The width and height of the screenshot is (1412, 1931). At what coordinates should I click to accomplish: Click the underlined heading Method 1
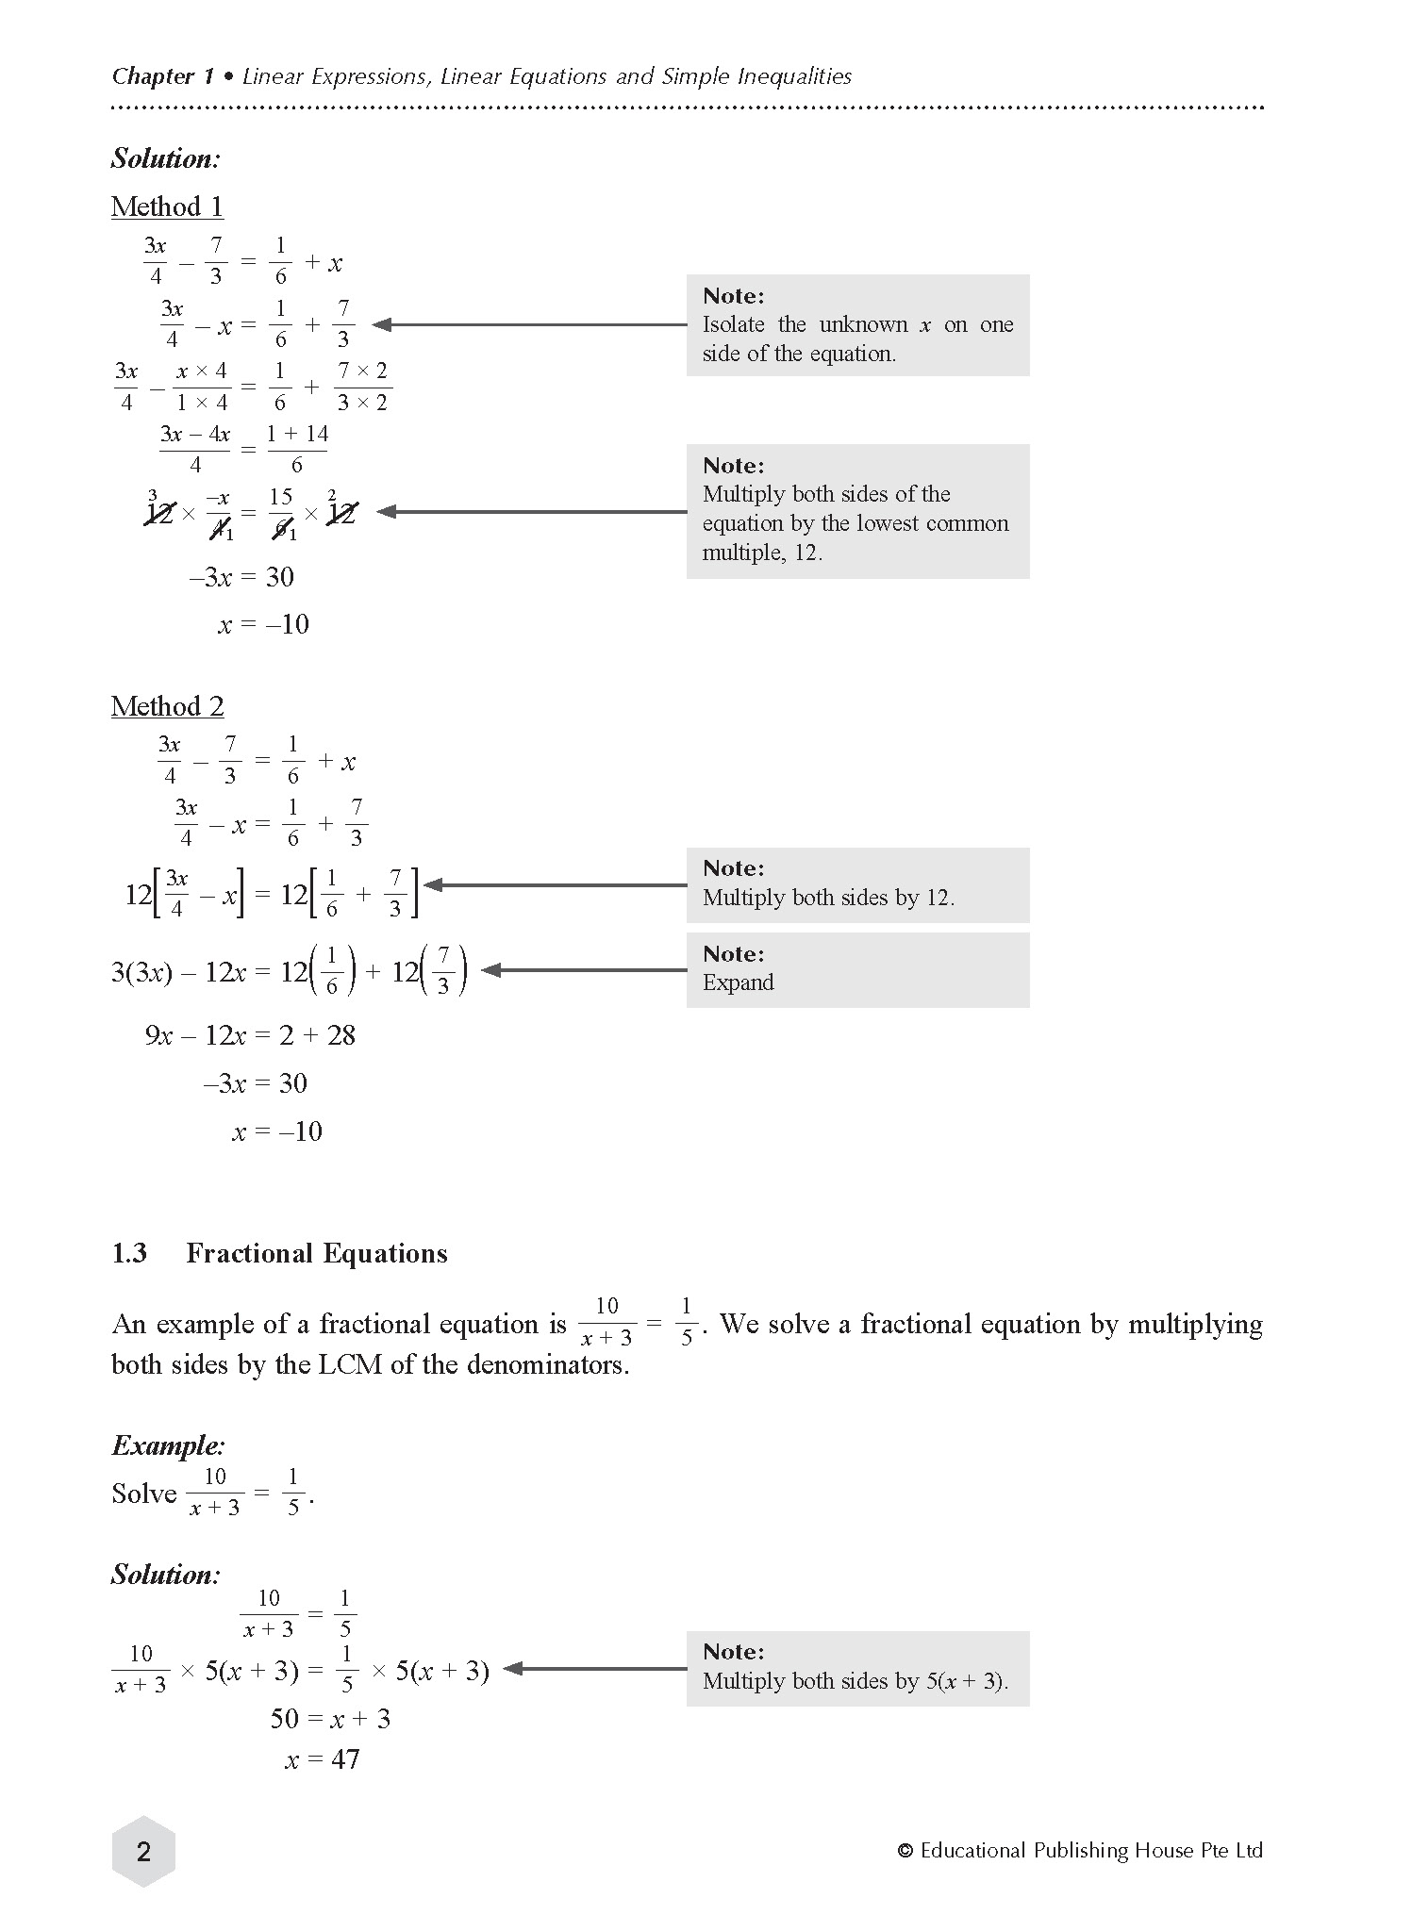(167, 206)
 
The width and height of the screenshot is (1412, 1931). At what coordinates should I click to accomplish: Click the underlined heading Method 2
(167, 706)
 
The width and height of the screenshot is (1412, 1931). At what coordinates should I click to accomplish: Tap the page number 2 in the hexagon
(143, 1852)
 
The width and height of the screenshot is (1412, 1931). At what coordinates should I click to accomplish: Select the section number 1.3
(129, 1253)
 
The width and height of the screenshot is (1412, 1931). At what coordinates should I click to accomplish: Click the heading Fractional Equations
(317, 1253)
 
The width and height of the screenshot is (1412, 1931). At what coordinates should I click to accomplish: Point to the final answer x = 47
(322, 1759)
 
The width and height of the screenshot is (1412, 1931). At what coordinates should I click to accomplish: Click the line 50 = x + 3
(330, 1718)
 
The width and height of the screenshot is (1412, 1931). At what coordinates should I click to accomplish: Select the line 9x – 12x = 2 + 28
(250, 1035)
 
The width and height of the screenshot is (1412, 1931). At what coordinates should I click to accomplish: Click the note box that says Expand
(856, 970)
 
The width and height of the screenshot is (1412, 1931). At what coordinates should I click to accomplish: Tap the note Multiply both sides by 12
(856, 884)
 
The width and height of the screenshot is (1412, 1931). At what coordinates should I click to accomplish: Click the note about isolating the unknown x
(856, 325)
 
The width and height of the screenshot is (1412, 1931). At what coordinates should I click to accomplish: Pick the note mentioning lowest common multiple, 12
(856, 511)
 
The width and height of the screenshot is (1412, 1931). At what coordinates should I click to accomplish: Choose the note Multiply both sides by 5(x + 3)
(856, 1668)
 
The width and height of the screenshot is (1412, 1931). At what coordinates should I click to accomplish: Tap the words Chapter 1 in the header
(162, 76)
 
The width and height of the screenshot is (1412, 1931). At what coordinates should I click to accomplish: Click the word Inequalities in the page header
(794, 76)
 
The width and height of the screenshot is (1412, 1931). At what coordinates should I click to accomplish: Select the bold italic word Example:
(168, 1445)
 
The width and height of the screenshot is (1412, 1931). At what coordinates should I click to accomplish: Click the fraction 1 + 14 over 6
(297, 449)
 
